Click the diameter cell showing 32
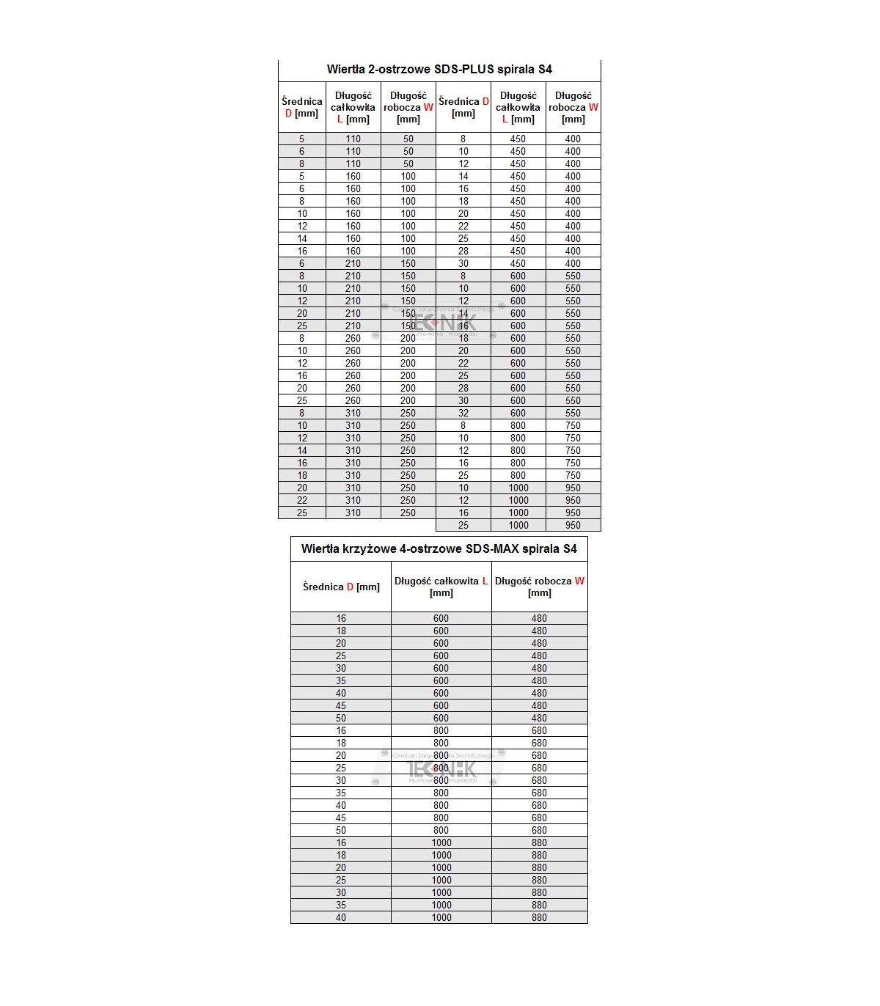[x=463, y=413]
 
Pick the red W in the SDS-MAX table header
[x=579, y=581]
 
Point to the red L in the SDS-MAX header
[x=485, y=581]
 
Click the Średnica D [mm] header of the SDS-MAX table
[x=341, y=587]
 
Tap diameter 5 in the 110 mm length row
[x=301, y=139]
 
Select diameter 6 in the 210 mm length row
[x=301, y=263]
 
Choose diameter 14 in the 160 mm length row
[x=301, y=238]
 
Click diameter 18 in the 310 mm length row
[x=301, y=475]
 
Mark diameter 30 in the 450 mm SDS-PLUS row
[x=463, y=263]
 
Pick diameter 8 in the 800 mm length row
[x=463, y=425]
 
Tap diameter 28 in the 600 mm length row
[x=463, y=388]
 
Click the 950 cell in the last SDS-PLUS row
[x=573, y=525]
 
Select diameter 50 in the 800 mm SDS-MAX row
[x=341, y=830]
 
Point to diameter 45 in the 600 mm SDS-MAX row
[x=341, y=705]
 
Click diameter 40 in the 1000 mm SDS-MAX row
[x=341, y=917]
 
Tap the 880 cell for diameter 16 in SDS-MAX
[x=539, y=842]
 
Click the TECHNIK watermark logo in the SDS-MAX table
[x=441, y=768]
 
